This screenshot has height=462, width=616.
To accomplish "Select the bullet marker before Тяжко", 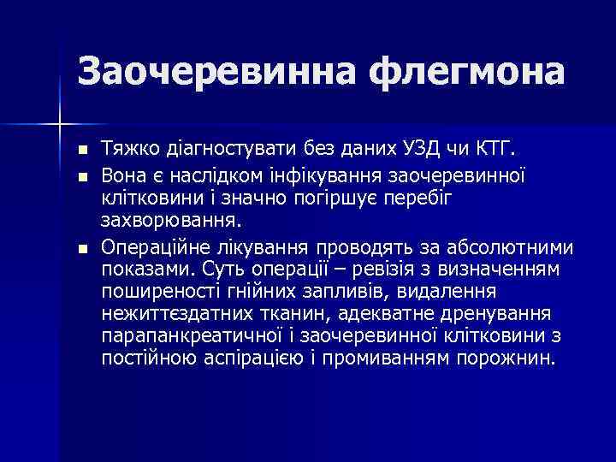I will click(x=81, y=152).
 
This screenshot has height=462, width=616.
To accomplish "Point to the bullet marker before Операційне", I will click(x=81, y=249).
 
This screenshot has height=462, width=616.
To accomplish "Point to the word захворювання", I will click(x=171, y=222).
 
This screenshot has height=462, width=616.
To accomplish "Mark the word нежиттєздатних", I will click(x=165, y=314).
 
